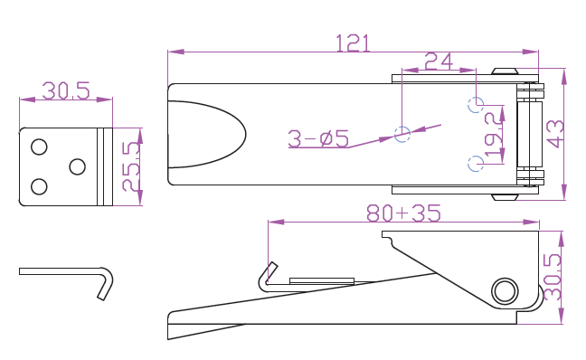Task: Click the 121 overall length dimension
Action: point(354,43)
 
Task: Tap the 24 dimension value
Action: point(439,62)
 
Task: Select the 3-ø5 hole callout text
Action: point(318,138)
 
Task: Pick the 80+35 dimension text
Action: point(403,213)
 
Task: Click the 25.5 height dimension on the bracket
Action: point(131,166)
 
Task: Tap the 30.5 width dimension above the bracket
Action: point(66,90)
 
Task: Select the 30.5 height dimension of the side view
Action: point(553,277)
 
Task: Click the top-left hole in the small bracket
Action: point(39,147)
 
